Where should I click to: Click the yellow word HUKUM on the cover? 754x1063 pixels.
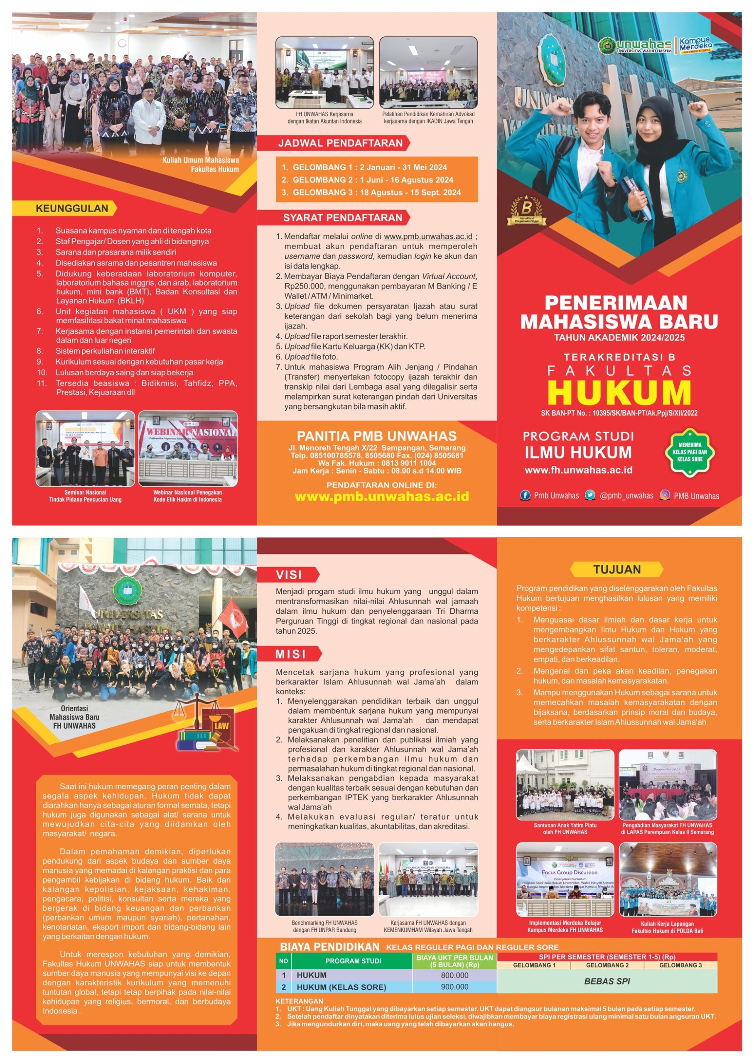click(619, 392)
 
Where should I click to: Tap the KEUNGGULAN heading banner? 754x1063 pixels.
click(71, 208)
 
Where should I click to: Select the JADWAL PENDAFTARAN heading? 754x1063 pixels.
click(340, 143)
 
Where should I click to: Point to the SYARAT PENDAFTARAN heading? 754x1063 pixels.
click(342, 218)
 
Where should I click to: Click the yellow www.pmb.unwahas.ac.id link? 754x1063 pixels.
click(382, 497)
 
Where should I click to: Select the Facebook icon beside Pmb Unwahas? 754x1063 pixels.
click(525, 495)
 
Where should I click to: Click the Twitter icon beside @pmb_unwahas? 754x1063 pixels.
click(589, 495)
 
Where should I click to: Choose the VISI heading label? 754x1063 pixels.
click(289, 575)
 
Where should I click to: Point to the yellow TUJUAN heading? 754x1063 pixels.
click(616, 569)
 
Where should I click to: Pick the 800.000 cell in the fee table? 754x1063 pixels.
click(454, 975)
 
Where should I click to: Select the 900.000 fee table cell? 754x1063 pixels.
click(454, 987)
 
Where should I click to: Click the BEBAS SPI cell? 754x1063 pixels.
click(607, 981)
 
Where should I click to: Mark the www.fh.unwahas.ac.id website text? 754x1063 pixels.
click(579, 470)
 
